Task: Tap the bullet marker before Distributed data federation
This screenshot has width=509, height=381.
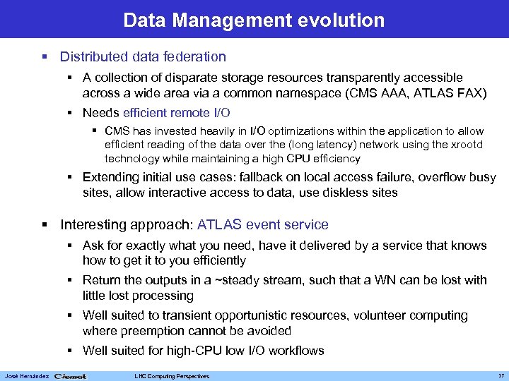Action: tap(45, 57)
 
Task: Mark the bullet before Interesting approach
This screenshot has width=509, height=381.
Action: tap(45, 226)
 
